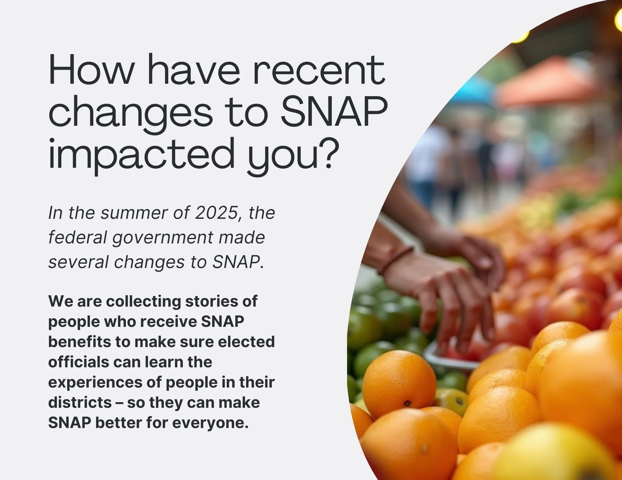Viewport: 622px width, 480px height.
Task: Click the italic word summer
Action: pyautogui.click(x=127, y=213)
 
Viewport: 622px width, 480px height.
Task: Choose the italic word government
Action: pyautogui.click(x=162, y=238)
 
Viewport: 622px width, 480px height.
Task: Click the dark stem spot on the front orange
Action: pyautogui.click(x=407, y=403)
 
